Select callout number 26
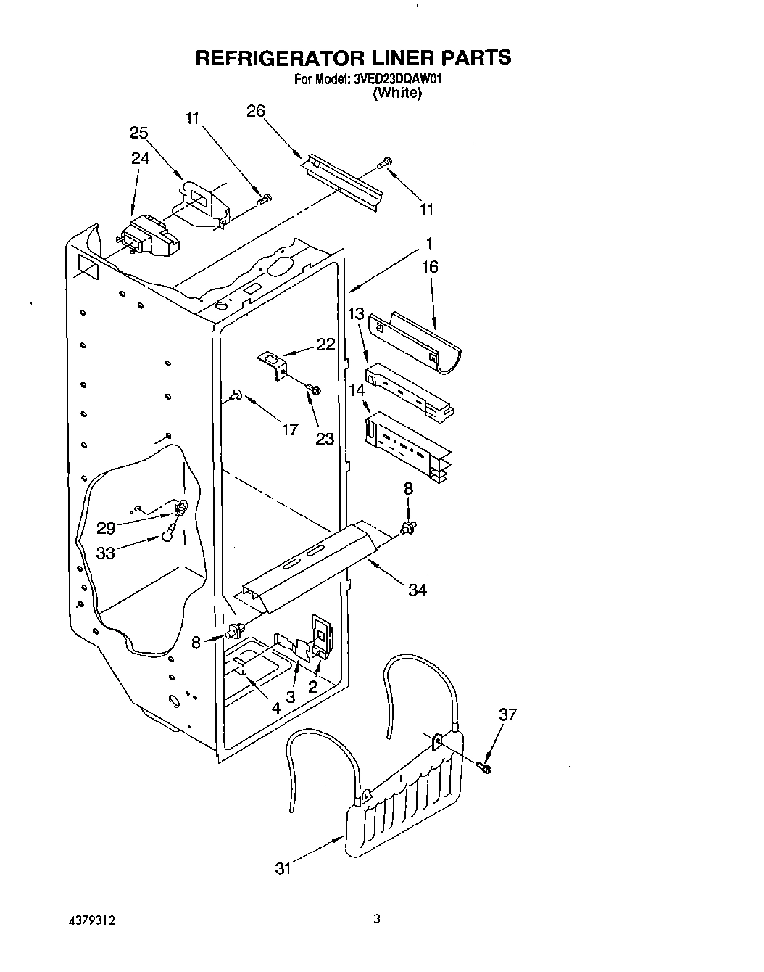click(x=255, y=111)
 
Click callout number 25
click(x=139, y=133)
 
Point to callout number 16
click(x=430, y=267)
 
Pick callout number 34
click(x=418, y=590)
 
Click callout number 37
click(x=508, y=714)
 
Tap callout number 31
click(x=283, y=868)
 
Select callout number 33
click(x=106, y=553)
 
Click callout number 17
click(x=289, y=430)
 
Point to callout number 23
click(x=325, y=438)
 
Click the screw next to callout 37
click(x=484, y=767)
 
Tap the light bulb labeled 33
click(x=168, y=535)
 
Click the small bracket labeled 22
click(x=274, y=363)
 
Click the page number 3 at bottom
click(x=377, y=919)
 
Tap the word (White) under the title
click(x=396, y=93)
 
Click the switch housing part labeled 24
click(x=149, y=236)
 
